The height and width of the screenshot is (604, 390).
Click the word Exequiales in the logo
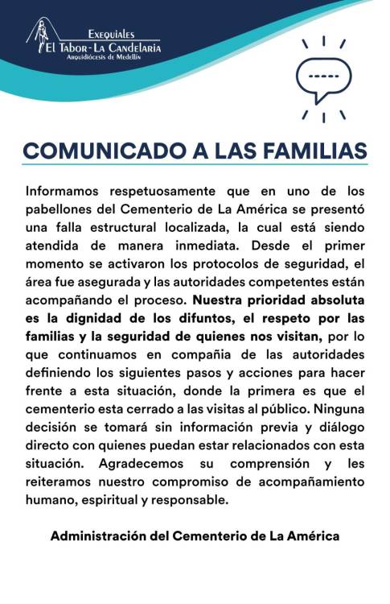[x=111, y=34]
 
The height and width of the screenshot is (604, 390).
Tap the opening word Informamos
[x=64, y=192]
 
